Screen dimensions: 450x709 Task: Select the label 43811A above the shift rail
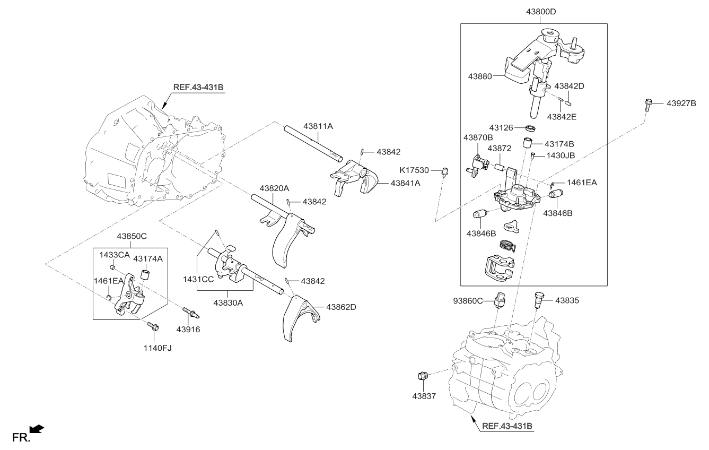click(x=318, y=126)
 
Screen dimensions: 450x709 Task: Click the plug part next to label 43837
click(x=423, y=376)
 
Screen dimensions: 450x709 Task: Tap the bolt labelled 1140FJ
click(x=153, y=327)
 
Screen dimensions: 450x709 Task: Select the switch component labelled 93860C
click(x=500, y=300)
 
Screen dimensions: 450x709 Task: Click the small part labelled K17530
click(x=445, y=171)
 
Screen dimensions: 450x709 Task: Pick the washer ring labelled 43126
click(x=529, y=128)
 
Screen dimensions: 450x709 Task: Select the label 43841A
click(x=405, y=183)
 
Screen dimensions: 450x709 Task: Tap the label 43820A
click(x=274, y=188)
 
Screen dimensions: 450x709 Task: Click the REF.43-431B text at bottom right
click(x=507, y=426)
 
